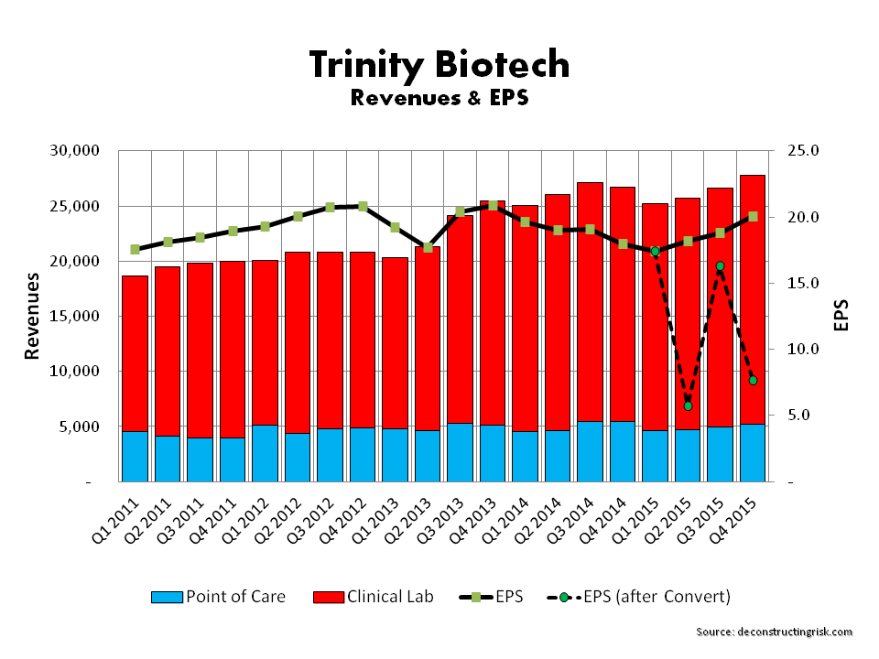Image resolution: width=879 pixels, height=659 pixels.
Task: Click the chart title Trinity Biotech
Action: click(439, 65)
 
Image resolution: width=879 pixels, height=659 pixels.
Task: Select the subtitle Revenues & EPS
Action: click(439, 97)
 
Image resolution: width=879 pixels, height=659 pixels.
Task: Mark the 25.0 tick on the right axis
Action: click(804, 151)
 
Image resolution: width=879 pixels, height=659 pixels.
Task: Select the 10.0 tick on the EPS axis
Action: click(804, 350)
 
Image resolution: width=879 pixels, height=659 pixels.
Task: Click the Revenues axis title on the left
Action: click(32, 316)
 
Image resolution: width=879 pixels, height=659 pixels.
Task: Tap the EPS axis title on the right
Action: click(841, 316)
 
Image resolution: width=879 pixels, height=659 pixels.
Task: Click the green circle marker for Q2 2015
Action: click(688, 405)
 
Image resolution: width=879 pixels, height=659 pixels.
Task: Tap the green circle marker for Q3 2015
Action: click(720, 266)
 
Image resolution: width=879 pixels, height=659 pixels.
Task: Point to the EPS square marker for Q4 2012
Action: click(364, 207)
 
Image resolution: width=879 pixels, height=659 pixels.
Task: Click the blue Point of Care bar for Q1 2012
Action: click(266, 453)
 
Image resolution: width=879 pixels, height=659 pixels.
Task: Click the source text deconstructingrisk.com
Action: click(774, 632)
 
